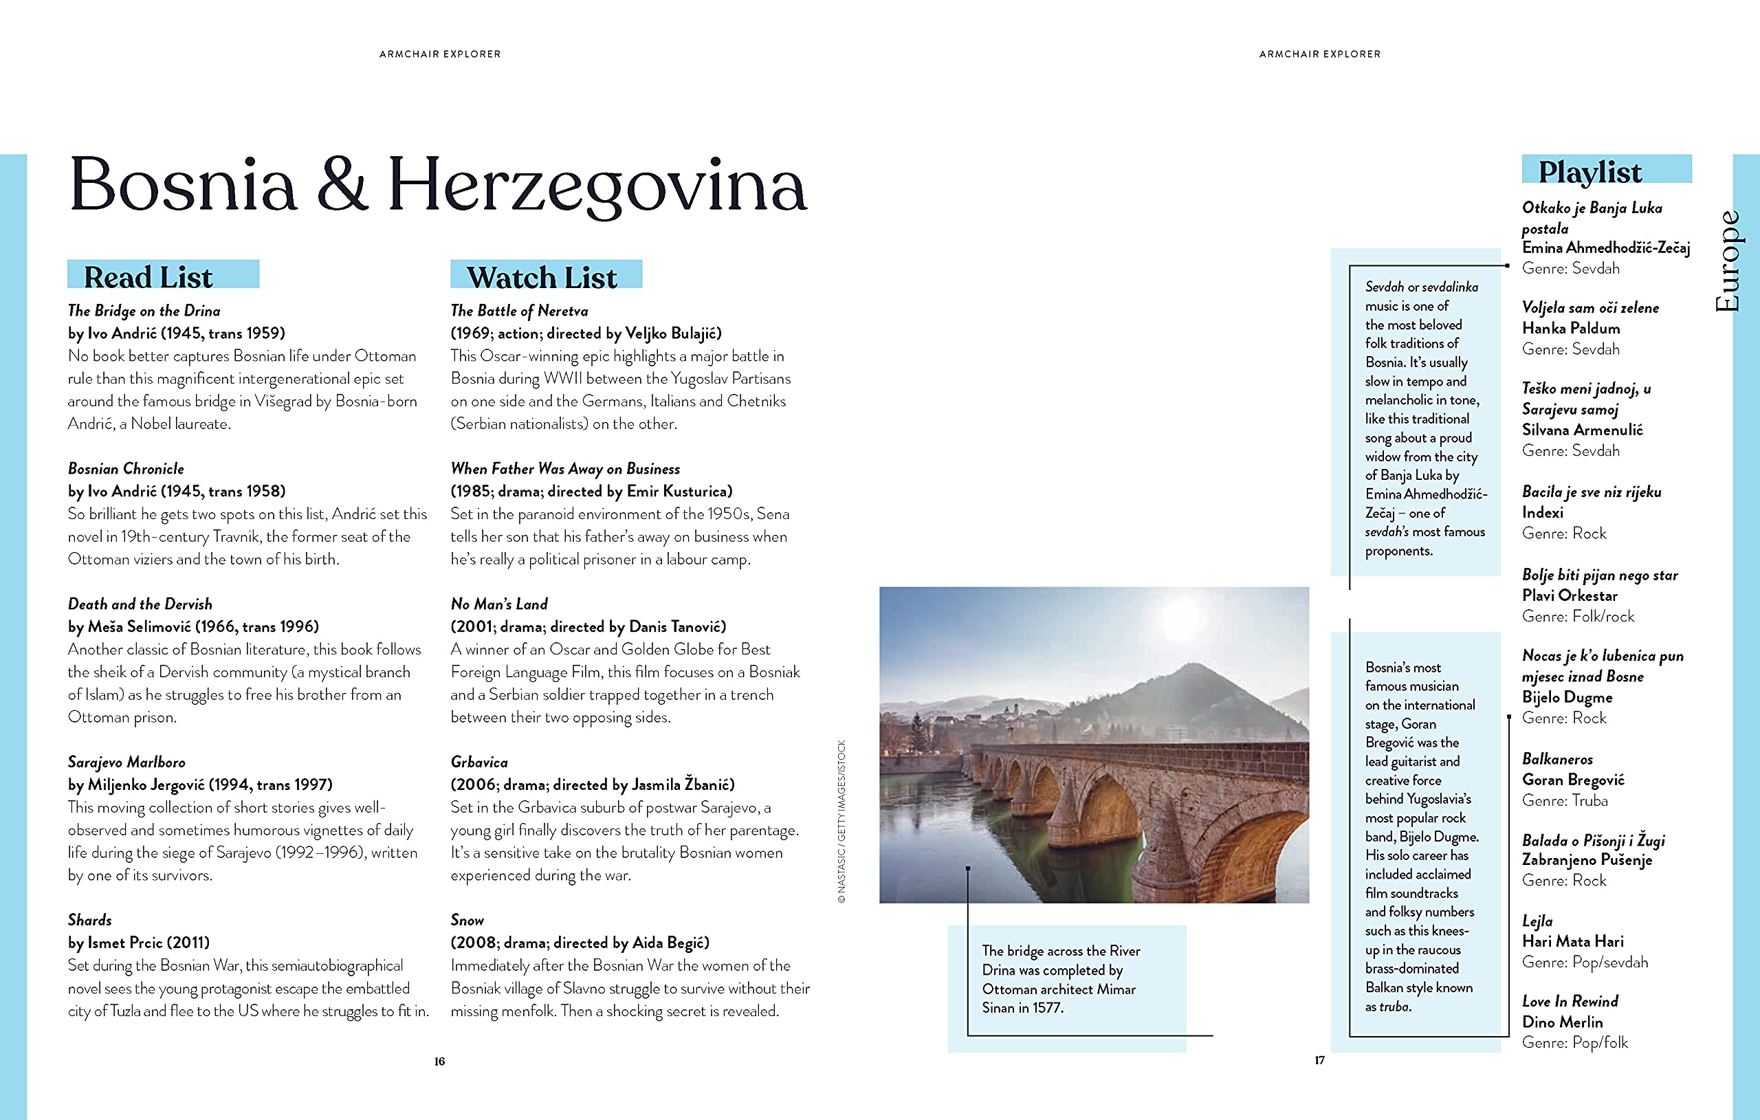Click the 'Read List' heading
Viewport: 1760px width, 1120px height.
tap(148, 277)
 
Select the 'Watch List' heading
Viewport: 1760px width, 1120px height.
tap(542, 278)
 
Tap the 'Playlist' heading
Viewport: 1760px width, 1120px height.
tap(1589, 172)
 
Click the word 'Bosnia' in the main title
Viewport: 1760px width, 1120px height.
tap(183, 184)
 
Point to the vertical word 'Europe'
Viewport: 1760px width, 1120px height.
tap(1728, 261)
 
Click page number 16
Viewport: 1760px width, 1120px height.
tap(439, 1062)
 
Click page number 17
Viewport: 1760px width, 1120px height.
tap(1319, 1060)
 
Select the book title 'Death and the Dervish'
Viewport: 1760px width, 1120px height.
tap(140, 604)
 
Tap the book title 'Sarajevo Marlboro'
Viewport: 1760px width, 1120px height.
tap(126, 762)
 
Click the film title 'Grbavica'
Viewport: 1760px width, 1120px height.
tap(479, 762)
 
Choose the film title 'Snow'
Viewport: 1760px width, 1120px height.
tap(467, 920)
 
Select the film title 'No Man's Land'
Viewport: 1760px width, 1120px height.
tap(499, 604)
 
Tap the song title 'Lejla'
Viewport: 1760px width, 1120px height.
tap(1537, 921)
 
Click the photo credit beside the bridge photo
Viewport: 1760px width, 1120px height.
tap(841, 822)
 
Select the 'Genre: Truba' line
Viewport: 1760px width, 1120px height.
tap(1565, 800)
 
